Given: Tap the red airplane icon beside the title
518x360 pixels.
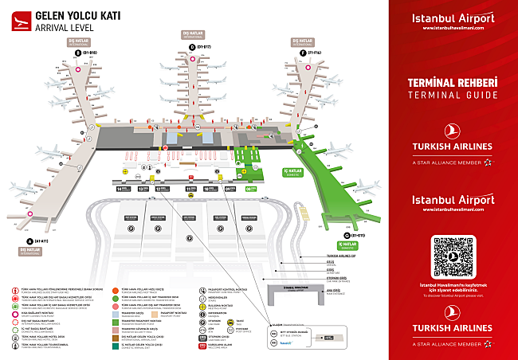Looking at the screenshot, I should [x=16, y=22].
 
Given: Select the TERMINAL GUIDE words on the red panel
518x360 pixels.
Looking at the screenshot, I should [x=453, y=96].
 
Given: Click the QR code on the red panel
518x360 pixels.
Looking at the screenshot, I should [x=453, y=255].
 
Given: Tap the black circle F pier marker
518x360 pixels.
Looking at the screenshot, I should [x=296, y=53].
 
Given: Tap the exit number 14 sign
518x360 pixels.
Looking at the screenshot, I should [x=123, y=189].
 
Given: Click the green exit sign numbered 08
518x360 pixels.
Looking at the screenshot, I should [x=251, y=189].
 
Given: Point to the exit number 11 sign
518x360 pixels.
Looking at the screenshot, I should [x=190, y=189].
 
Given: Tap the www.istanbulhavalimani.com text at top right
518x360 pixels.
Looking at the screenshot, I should [x=453, y=28].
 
